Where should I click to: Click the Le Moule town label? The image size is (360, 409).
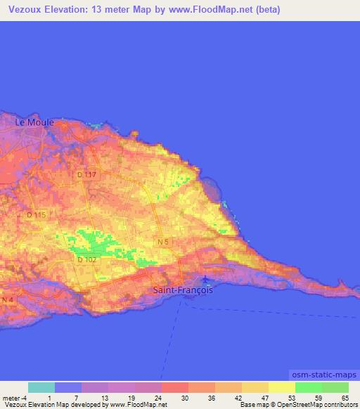point(34,122)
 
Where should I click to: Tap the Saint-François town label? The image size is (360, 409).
point(182,290)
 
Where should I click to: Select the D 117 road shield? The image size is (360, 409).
point(86,174)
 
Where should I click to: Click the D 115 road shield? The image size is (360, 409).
point(35,215)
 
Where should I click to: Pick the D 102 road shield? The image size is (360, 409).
point(86,259)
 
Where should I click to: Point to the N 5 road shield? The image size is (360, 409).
point(163,242)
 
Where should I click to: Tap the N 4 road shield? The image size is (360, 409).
point(7,300)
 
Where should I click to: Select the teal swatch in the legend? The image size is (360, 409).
point(41,387)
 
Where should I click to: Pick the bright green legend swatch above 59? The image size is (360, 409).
point(309,387)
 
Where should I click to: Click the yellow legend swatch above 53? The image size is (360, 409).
point(282,387)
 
